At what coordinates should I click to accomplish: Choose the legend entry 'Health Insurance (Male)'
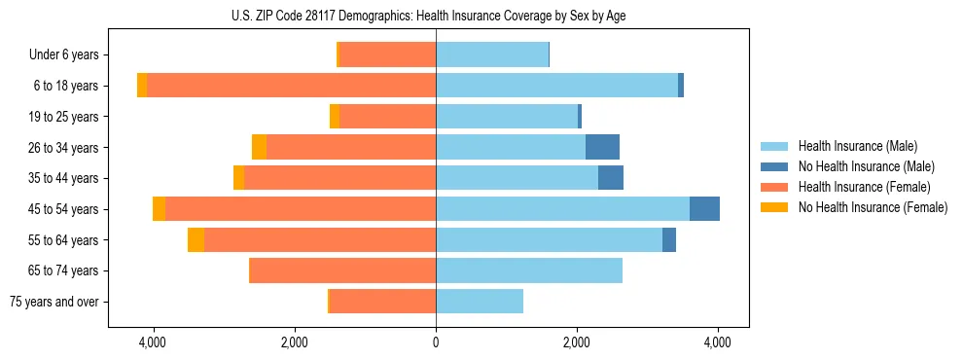857,146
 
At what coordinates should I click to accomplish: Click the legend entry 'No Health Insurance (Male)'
866,166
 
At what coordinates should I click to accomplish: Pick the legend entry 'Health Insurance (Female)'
864,187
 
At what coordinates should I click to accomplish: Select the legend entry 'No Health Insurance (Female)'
873,207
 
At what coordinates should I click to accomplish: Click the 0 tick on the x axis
436,342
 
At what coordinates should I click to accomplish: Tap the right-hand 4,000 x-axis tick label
718,342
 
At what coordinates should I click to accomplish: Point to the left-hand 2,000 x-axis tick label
295,342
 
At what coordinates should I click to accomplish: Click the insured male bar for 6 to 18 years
556,86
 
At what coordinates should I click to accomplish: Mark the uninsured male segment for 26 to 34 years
602,147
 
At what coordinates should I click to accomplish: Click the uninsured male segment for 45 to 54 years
704,209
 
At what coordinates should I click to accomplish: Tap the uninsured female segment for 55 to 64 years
196,239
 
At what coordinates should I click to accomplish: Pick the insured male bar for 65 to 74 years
529,270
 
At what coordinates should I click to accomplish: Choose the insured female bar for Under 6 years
387,54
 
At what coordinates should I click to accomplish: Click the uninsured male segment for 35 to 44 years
610,178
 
